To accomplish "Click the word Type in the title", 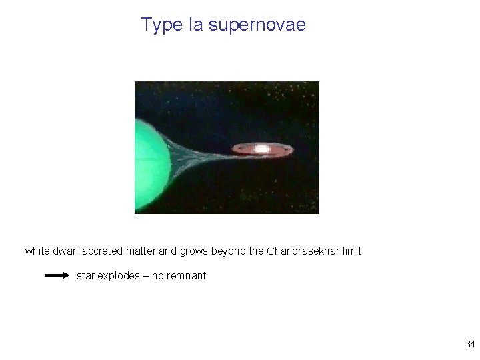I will pyautogui.click(x=162, y=25).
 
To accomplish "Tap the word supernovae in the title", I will pyautogui.click(x=257, y=25).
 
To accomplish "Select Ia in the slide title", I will pyautogui.click(x=196, y=25).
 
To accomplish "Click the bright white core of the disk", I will pyautogui.click(x=262, y=149).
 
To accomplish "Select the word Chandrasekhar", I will pyautogui.click(x=304, y=251).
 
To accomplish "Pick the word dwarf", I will pyautogui.click(x=65, y=251).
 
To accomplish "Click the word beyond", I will pyautogui.click(x=229, y=251).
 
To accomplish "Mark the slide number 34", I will pyautogui.click(x=470, y=345).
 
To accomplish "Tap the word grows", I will pyautogui.click(x=195, y=251).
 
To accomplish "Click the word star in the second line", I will pyautogui.click(x=85, y=276).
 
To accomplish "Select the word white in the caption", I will pyautogui.click(x=37, y=251).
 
